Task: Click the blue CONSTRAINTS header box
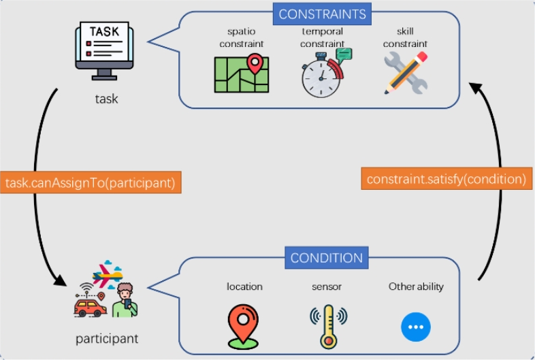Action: pyautogui.click(x=322, y=14)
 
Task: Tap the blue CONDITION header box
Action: pyautogui.click(x=327, y=258)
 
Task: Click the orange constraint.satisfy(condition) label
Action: pyautogui.click(x=446, y=180)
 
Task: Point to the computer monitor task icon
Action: pyautogui.click(x=104, y=50)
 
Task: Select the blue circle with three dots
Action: pyautogui.click(x=416, y=327)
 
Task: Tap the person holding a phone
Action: pyautogui.click(x=125, y=302)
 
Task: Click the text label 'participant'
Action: pyautogui.click(x=107, y=338)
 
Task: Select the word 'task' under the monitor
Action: pyautogui.click(x=106, y=99)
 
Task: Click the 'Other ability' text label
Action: pyautogui.click(x=416, y=287)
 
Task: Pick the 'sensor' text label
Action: pyautogui.click(x=327, y=287)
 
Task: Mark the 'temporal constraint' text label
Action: pyautogui.click(x=323, y=37)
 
